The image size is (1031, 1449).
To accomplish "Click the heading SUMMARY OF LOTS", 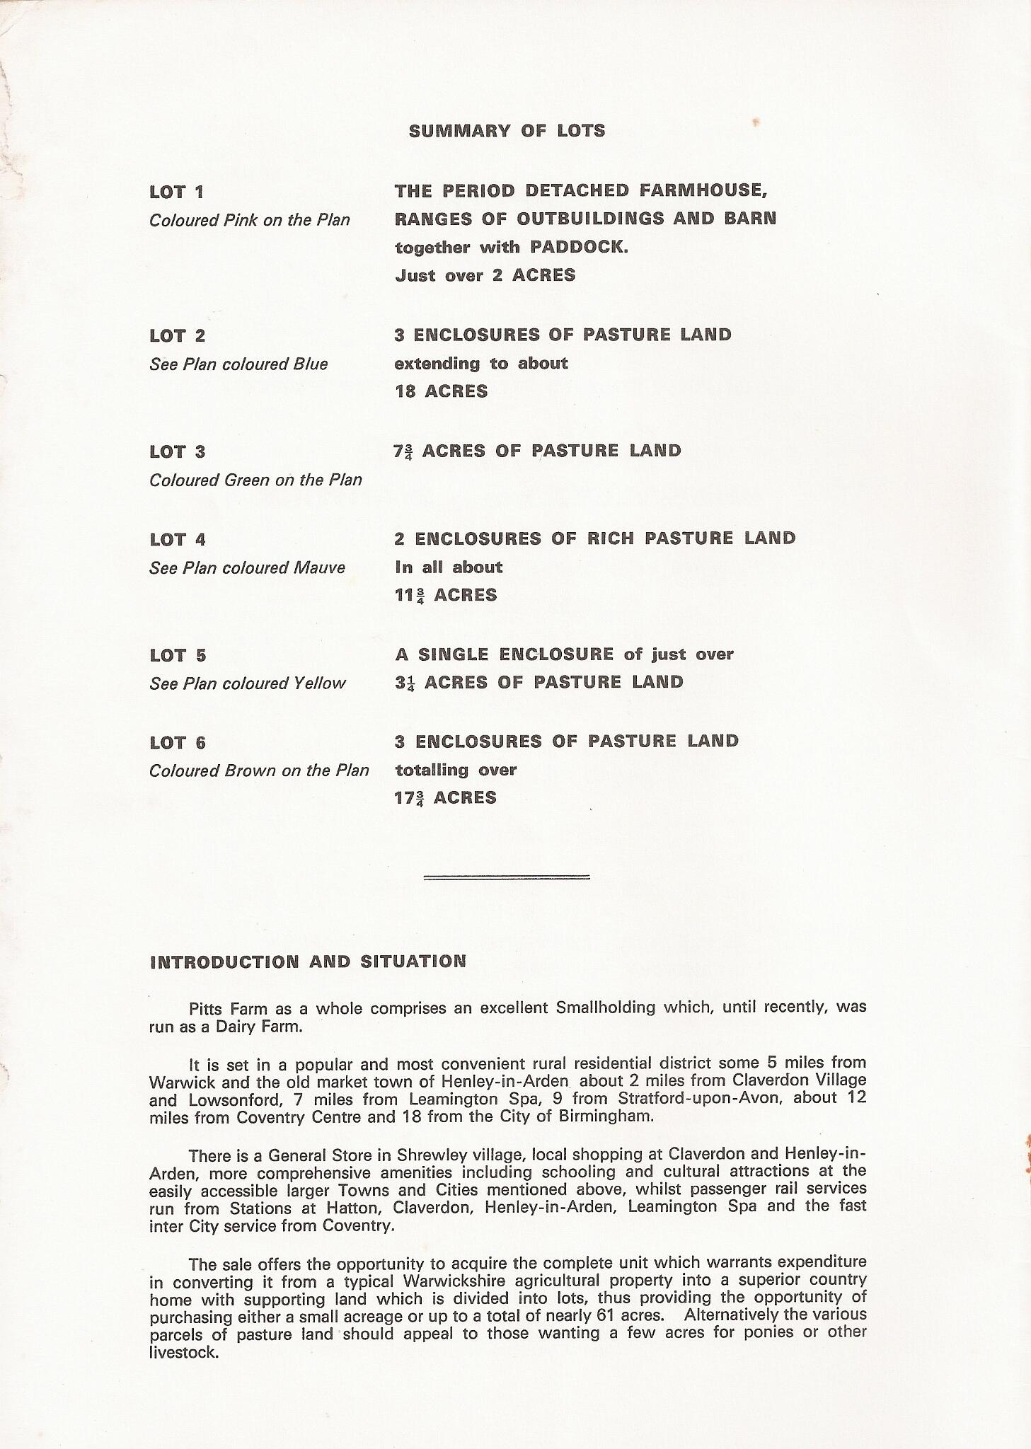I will (x=507, y=131).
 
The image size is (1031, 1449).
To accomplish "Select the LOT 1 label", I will (x=177, y=192).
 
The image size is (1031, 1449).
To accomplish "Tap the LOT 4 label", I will (x=178, y=540).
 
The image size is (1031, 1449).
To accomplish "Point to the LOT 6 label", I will (x=178, y=743).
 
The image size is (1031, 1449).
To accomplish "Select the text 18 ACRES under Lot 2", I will (x=442, y=391).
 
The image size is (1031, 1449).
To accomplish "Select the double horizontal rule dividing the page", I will (x=507, y=877).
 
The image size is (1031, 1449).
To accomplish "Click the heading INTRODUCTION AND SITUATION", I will (x=308, y=962).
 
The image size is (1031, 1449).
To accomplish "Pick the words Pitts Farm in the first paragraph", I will (x=223, y=1008).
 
